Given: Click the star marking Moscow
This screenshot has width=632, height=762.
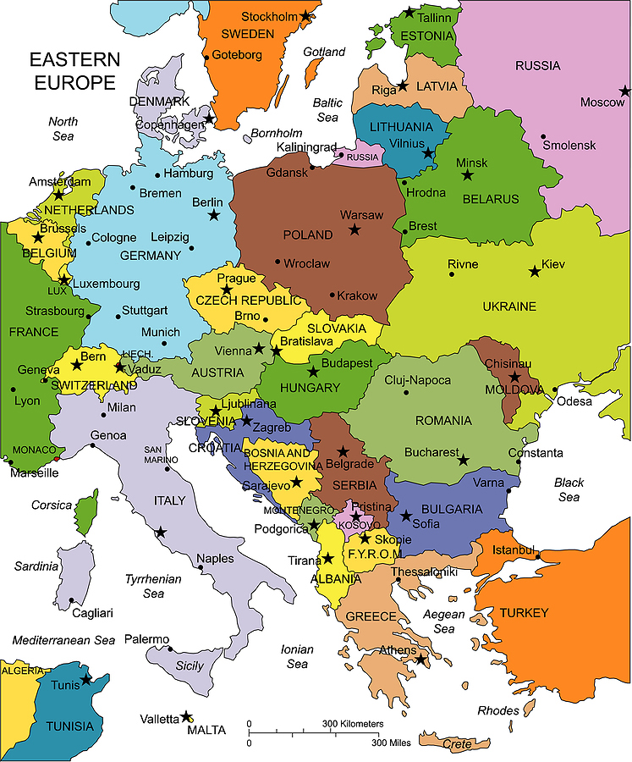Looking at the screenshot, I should (624, 91).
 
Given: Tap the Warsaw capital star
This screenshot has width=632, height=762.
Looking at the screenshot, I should (354, 229).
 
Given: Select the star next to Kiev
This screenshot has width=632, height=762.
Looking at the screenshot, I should (534, 271).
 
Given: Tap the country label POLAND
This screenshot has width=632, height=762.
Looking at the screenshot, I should (308, 235).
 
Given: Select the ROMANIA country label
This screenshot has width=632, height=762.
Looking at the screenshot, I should (443, 420).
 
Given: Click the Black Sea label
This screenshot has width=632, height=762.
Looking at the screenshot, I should (569, 489).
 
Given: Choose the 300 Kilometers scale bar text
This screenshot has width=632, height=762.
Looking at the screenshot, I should (353, 724).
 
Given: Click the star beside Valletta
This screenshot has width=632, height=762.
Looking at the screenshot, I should (186, 716).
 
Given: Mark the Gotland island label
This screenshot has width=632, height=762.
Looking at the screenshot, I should (325, 52).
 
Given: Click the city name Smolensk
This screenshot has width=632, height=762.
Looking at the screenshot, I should (569, 145).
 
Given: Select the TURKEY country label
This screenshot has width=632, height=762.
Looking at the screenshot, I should (524, 612).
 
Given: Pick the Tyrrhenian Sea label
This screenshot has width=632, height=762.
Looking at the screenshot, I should (153, 586).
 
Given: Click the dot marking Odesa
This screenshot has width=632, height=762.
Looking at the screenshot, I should (554, 390).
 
